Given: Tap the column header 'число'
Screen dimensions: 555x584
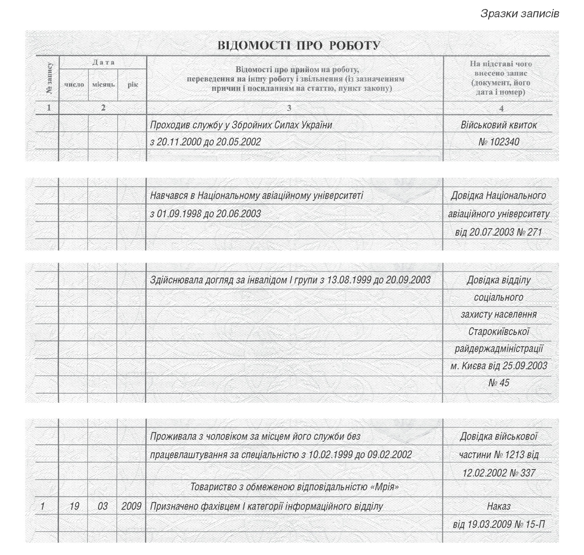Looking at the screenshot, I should [x=74, y=85].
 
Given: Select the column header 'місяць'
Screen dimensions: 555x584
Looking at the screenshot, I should [x=103, y=85].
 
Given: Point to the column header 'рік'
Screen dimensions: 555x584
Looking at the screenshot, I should [x=133, y=85].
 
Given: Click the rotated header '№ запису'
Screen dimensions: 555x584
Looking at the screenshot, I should [x=49, y=79].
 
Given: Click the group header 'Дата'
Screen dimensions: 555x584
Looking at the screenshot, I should [x=103, y=63].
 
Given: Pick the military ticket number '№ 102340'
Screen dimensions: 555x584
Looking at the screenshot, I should [x=499, y=142].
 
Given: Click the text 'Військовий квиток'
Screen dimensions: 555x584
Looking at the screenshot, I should [x=499, y=125].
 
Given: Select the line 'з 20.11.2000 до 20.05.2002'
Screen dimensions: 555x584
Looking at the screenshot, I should [x=205, y=142].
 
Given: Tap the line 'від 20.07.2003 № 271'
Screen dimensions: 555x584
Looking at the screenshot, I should [x=499, y=232].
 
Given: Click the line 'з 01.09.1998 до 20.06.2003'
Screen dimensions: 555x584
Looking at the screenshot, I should [x=205, y=213].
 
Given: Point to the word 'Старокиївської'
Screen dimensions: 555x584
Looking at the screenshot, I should [x=499, y=331].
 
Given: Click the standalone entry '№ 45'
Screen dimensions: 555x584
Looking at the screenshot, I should [x=499, y=383].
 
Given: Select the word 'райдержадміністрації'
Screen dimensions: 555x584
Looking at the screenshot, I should [x=499, y=348].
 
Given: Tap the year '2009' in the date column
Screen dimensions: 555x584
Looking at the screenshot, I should [x=132, y=506].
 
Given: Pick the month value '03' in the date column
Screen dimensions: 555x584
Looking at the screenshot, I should [x=103, y=506].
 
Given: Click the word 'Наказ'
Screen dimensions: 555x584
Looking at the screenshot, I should [x=499, y=506].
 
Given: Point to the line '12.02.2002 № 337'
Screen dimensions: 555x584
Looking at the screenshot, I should [x=499, y=473].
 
